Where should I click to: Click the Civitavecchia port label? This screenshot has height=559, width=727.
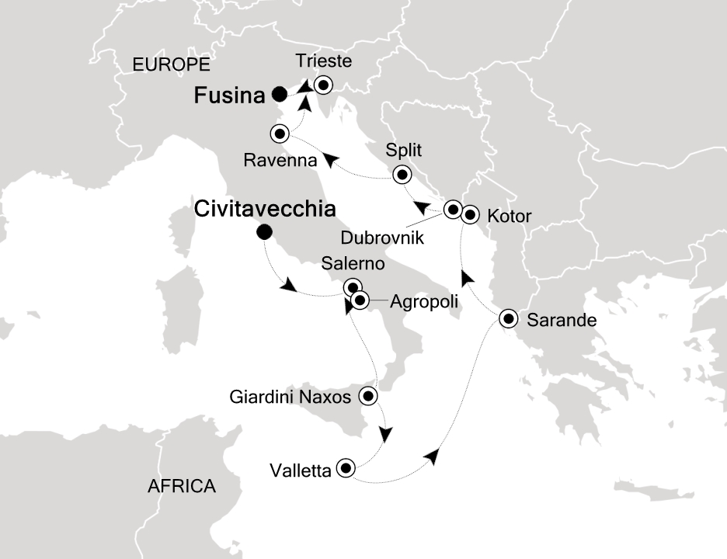point(265,209)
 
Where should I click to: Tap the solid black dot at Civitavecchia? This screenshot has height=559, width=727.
point(264,231)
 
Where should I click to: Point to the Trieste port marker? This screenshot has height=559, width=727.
point(322,85)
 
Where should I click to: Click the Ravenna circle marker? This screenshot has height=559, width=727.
point(279,134)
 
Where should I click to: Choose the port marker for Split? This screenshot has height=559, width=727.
point(402,175)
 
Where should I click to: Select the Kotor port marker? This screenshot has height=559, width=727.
point(470,215)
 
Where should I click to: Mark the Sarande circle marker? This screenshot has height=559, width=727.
point(507,318)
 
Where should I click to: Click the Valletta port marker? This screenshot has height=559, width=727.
point(345,468)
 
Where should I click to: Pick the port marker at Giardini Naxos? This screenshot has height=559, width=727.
point(369,397)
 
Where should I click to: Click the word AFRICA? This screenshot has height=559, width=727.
point(181,487)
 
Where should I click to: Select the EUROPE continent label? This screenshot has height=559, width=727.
point(172,64)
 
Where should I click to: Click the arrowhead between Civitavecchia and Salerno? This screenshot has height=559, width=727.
point(288,286)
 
